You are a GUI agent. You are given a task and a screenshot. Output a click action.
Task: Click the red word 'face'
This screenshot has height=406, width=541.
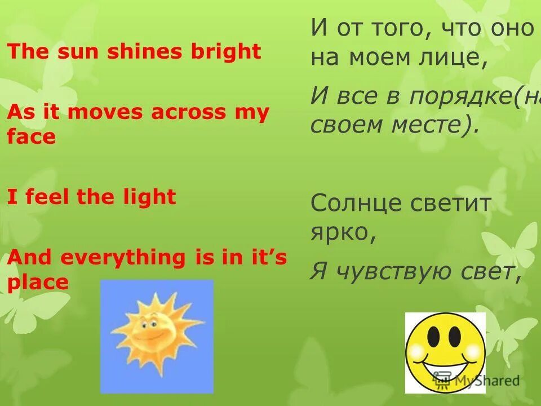tap(32, 136)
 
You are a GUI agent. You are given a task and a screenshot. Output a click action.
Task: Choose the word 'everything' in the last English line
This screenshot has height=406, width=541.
tap(122, 258)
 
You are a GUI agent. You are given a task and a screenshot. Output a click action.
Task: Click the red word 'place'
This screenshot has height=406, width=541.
tap(38, 281)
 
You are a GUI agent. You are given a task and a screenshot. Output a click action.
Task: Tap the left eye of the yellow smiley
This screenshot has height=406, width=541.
tap(433, 337)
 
